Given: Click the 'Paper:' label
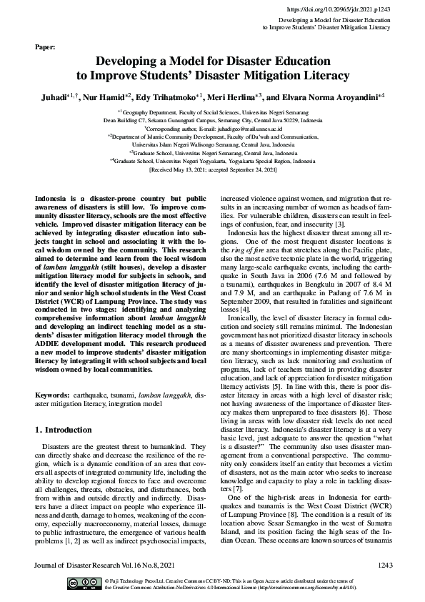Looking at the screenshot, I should click(x=45, y=47).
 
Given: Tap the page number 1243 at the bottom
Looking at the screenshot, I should click(x=380, y=566).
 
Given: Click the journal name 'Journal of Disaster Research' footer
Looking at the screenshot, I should click(x=76, y=566).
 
